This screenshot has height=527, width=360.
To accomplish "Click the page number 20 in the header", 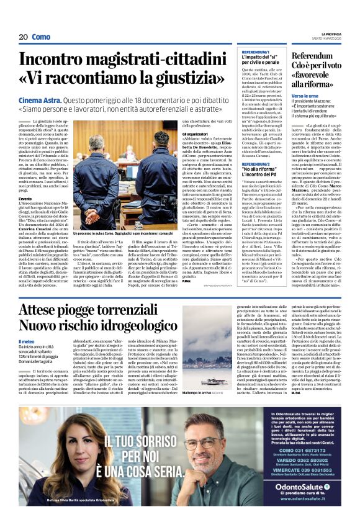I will pyautogui.click(x=23, y=37).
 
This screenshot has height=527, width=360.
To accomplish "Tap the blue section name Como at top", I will pyautogui.click(x=42, y=37).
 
